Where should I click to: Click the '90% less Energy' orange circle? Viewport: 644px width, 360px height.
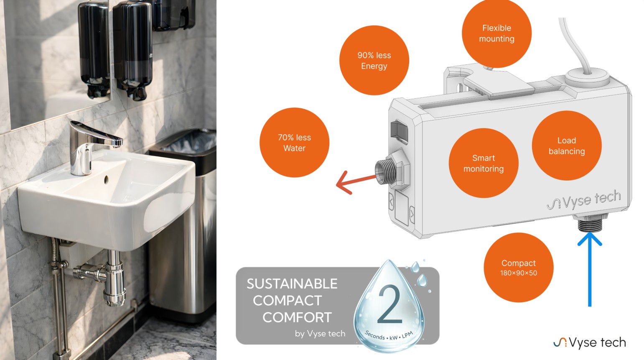[x=374, y=60]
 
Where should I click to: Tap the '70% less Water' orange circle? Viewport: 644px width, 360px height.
[x=294, y=143]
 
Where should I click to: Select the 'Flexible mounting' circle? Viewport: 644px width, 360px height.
[x=496, y=33]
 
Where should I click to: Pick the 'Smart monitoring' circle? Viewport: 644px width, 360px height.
[x=484, y=163]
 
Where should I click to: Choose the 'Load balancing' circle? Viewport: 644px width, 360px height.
[x=567, y=146]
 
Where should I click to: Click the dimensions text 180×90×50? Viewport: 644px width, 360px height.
[x=519, y=273]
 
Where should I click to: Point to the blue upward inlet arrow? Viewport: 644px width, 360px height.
[x=590, y=269]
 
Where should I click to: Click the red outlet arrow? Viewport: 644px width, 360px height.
[x=356, y=182]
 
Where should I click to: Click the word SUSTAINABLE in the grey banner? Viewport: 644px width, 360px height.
[x=292, y=284]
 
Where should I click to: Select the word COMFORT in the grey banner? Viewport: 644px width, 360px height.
[x=297, y=317]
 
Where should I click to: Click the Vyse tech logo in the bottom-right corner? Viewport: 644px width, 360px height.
[x=589, y=343]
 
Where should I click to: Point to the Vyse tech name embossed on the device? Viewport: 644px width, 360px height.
[x=584, y=200]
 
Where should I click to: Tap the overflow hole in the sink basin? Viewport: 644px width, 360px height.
[x=106, y=179]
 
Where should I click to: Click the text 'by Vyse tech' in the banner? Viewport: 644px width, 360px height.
[x=320, y=334]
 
